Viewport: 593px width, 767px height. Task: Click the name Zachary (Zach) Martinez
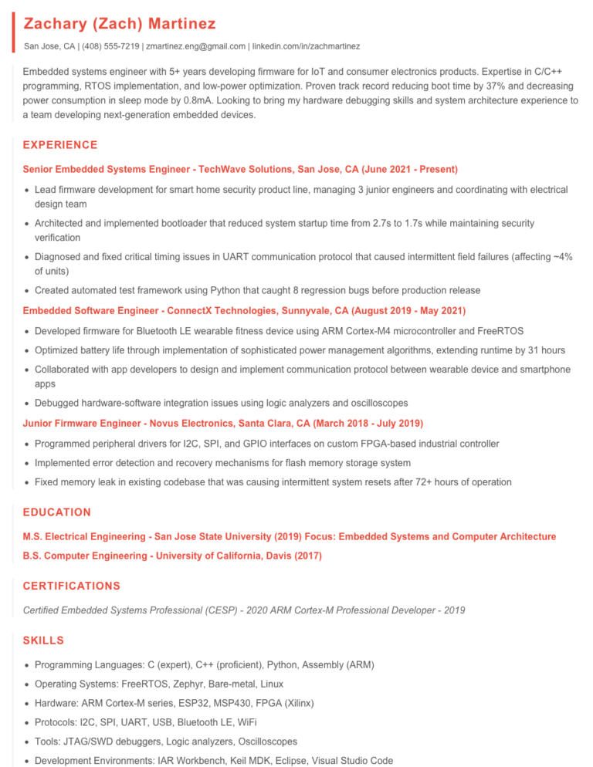point(120,24)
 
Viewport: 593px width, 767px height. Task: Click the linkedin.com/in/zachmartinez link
point(305,46)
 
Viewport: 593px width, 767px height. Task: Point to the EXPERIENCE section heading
point(60,145)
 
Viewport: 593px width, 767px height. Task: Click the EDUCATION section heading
point(57,512)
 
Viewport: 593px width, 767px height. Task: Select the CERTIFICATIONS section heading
point(72,586)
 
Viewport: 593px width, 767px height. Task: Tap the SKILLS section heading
point(43,640)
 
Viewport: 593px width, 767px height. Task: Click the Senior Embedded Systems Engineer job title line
point(240,169)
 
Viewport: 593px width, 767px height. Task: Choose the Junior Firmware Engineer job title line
point(223,424)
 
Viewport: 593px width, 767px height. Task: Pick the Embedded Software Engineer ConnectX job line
point(244,310)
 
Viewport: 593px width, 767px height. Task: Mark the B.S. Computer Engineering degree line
point(172,556)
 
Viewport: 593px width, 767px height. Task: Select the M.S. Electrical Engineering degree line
point(289,536)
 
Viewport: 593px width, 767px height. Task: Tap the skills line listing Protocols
point(146,722)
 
